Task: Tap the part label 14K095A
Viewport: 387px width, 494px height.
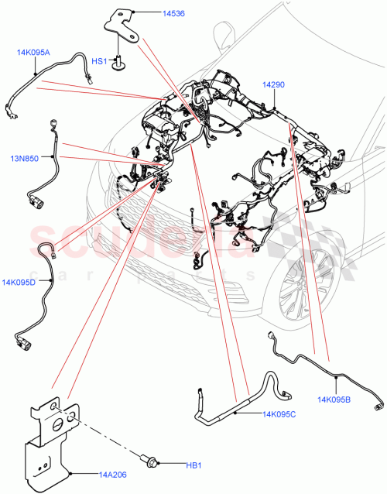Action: (33, 53)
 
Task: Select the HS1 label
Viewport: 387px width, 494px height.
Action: (100, 60)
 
